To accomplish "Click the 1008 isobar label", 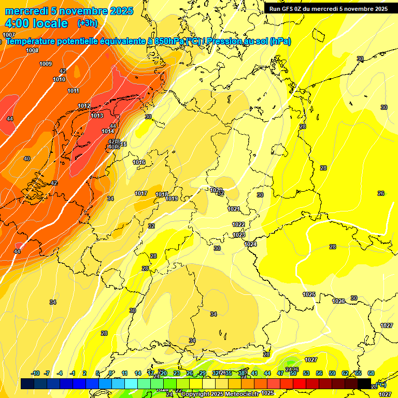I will [32, 50].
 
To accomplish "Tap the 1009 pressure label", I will [46, 64].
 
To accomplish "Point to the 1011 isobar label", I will [73, 91].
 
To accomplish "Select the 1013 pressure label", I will [97, 116].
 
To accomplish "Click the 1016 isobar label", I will [139, 162].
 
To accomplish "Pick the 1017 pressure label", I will [141, 193].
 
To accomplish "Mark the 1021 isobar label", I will [234, 209].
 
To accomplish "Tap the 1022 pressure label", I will [238, 224].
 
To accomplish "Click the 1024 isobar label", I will [250, 244].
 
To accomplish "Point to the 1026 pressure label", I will [338, 301].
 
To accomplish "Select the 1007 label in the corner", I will [9, 34].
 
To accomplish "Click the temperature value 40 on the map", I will [27, 159].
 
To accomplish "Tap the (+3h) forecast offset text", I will [87, 23].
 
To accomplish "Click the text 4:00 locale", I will [36, 23].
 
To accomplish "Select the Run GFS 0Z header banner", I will [328, 8].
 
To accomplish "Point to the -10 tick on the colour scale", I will [35, 373].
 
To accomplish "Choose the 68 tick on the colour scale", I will [371, 373].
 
